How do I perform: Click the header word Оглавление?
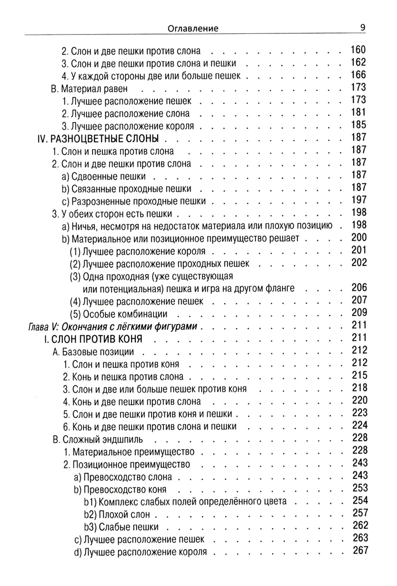click(193, 28)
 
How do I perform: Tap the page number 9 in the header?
click(362, 27)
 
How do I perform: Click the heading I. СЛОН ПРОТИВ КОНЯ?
click(93, 339)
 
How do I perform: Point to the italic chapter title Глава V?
click(112, 327)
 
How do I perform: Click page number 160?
click(358, 50)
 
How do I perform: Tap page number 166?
click(358, 75)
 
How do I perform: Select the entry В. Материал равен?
click(89, 89)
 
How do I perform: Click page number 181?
click(358, 113)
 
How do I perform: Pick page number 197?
click(359, 200)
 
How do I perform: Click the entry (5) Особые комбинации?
click(118, 314)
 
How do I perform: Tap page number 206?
click(359, 288)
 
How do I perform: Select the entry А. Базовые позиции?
click(93, 352)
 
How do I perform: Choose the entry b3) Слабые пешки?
click(121, 527)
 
